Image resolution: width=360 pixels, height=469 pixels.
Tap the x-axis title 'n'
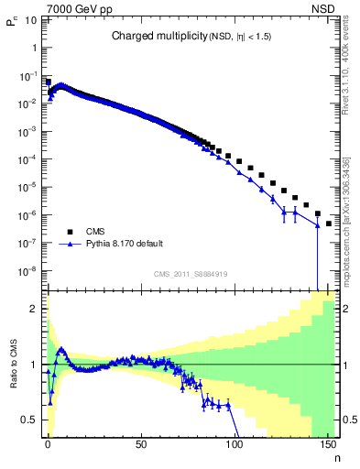[335, 455]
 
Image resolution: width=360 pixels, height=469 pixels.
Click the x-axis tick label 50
[140, 443]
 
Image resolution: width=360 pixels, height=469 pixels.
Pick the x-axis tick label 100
[234, 443]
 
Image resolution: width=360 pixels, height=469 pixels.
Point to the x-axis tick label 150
[326, 443]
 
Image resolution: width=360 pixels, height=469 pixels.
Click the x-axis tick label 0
[48, 443]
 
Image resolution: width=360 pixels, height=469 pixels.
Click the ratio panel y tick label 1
[35, 365]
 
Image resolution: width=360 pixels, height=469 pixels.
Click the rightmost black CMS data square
[328, 223]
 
